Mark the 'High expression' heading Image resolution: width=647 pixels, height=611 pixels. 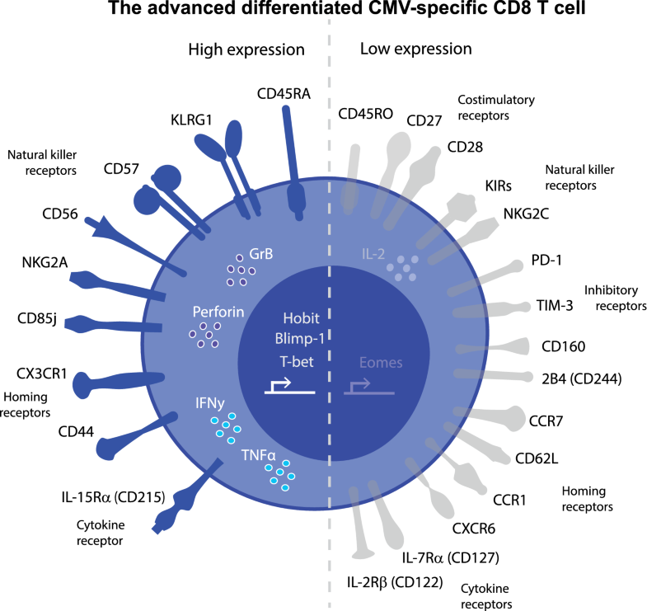pyautogui.click(x=246, y=49)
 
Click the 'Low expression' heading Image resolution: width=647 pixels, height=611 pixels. pyautogui.click(x=416, y=49)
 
